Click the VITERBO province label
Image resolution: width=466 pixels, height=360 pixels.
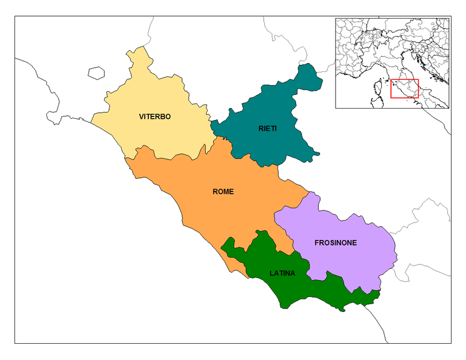154,116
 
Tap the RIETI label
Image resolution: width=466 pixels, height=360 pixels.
268,129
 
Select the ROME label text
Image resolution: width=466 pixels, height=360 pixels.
223,192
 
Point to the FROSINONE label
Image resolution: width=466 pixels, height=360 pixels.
336,243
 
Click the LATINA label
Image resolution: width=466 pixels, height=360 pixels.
282,273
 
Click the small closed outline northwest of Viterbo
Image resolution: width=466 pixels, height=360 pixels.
96,73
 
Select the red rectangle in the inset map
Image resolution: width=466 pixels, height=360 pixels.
404,88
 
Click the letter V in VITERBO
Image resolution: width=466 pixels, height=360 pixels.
141,116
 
